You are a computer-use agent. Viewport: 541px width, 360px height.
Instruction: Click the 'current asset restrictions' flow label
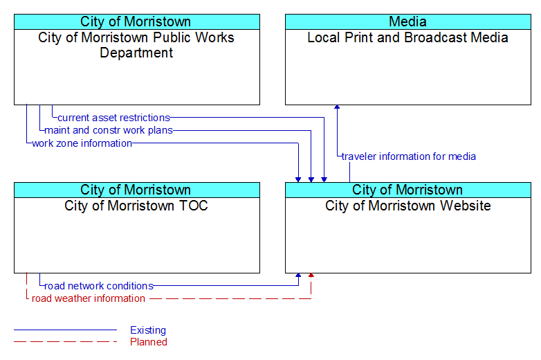tap(114, 118)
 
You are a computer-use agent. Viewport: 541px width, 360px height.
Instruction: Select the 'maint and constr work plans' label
tap(109, 130)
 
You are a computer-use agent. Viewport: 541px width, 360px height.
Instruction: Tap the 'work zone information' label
tap(82, 143)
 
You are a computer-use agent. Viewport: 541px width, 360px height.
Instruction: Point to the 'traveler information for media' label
tap(408, 156)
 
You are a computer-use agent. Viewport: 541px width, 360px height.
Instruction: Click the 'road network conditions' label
tap(99, 286)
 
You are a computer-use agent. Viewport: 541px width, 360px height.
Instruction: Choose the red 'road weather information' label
tap(89, 298)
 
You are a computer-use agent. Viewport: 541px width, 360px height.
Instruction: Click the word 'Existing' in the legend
tap(148, 330)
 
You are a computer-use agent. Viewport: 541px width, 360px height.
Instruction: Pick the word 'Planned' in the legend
tap(149, 342)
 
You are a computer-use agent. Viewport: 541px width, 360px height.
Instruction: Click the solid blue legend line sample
tap(65, 330)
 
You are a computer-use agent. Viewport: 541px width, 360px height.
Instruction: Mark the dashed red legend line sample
tap(65, 342)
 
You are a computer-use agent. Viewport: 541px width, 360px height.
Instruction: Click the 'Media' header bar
tap(408, 21)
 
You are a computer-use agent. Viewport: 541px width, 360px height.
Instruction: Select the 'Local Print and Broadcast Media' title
tap(407, 37)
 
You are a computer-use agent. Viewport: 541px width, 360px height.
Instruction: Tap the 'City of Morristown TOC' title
tap(136, 206)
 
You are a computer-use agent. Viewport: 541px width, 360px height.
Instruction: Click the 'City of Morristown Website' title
tap(408, 206)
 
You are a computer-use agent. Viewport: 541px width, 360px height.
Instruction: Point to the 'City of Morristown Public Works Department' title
tap(136, 45)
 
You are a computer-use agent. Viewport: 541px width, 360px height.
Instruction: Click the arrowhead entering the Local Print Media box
tap(337, 107)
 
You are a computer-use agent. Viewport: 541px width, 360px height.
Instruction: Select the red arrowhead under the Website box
tap(311, 275)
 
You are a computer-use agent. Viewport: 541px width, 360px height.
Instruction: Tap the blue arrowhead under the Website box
tap(298, 275)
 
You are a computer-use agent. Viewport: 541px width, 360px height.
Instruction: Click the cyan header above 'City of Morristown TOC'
tap(137, 190)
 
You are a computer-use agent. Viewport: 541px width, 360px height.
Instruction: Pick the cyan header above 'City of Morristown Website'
tap(408, 190)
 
